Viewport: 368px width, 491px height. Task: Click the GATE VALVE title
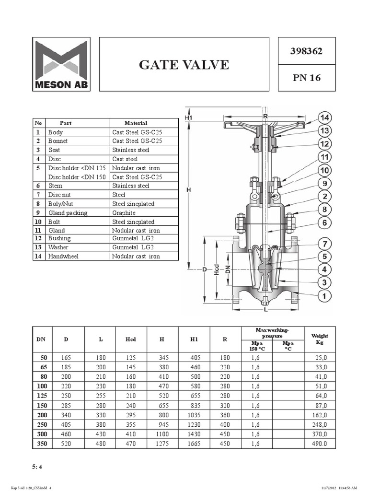point(184,64)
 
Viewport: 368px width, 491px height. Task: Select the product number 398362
point(306,51)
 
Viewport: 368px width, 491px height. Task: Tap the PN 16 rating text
point(306,77)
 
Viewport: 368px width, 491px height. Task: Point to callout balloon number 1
point(325,296)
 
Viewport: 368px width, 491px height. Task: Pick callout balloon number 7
point(325,244)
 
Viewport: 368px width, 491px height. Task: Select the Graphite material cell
point(124,213)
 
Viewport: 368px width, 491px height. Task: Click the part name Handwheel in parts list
point(63,257)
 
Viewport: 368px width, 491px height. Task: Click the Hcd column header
point(131,339)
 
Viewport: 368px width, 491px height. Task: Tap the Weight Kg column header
point(320,339)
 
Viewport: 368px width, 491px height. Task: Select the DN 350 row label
point(42,444)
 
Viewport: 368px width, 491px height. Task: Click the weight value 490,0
point(319,444)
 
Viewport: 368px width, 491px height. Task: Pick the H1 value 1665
point(194,444)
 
